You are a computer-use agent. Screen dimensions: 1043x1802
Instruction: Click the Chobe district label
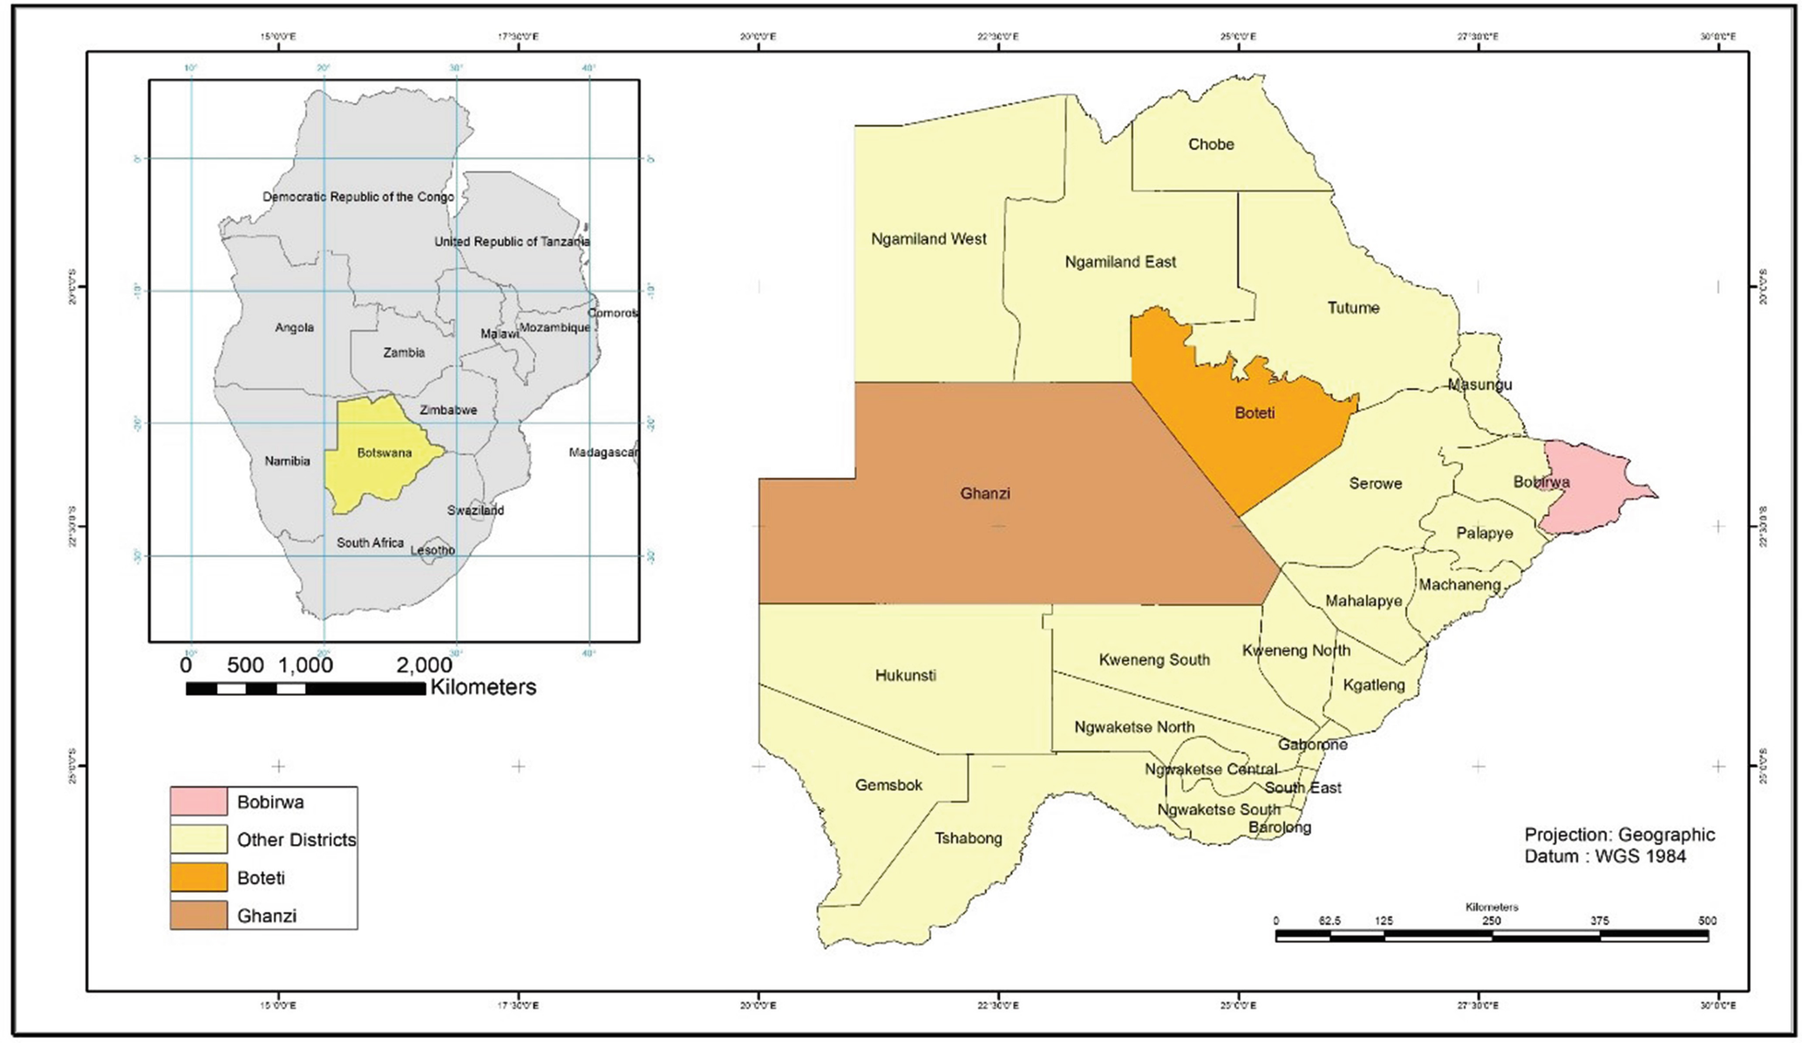pos(1210,145)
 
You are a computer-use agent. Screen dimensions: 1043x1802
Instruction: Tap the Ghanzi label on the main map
pos(984,494)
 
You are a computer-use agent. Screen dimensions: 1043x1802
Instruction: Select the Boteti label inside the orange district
pos(1255,413)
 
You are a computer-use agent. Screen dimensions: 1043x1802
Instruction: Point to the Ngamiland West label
pos(928,239)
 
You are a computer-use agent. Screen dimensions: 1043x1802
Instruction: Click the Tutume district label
pos(1353,308)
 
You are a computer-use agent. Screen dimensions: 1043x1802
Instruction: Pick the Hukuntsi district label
pos(905,675)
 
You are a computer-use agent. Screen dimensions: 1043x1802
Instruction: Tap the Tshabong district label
pos(968,838)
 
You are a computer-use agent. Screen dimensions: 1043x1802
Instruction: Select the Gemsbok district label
pos(888,785)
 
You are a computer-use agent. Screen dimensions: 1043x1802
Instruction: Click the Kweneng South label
pos(1153,660)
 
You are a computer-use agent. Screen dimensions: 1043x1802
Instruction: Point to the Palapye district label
pos(1484,533)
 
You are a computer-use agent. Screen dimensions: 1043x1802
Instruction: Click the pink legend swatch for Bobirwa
pos(199,801)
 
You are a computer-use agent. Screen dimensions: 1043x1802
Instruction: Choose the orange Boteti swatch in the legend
pos(199,877)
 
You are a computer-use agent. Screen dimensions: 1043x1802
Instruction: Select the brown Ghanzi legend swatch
pos(199,915)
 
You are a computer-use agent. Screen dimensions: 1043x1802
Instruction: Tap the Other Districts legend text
pos(296,840)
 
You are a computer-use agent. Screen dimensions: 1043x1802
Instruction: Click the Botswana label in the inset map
pos(384,453)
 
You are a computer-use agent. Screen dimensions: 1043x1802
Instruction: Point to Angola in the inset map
pos(294,328)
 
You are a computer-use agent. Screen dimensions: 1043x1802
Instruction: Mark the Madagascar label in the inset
pos(603,453)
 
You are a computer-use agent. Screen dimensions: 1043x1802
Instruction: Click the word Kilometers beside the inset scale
pos(483,687)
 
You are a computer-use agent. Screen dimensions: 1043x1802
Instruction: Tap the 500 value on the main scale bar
pos(1706,921)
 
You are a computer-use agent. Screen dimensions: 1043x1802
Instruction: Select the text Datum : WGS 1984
pos(1604,856)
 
